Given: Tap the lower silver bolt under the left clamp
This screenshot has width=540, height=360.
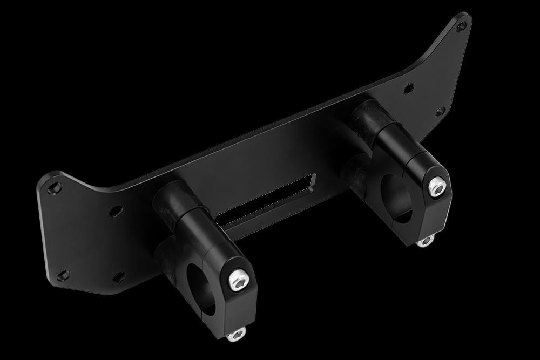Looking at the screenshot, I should (235, 336).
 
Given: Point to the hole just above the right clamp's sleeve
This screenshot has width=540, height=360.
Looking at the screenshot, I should (410, 86).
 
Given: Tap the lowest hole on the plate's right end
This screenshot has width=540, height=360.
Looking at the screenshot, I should (441, 110).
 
